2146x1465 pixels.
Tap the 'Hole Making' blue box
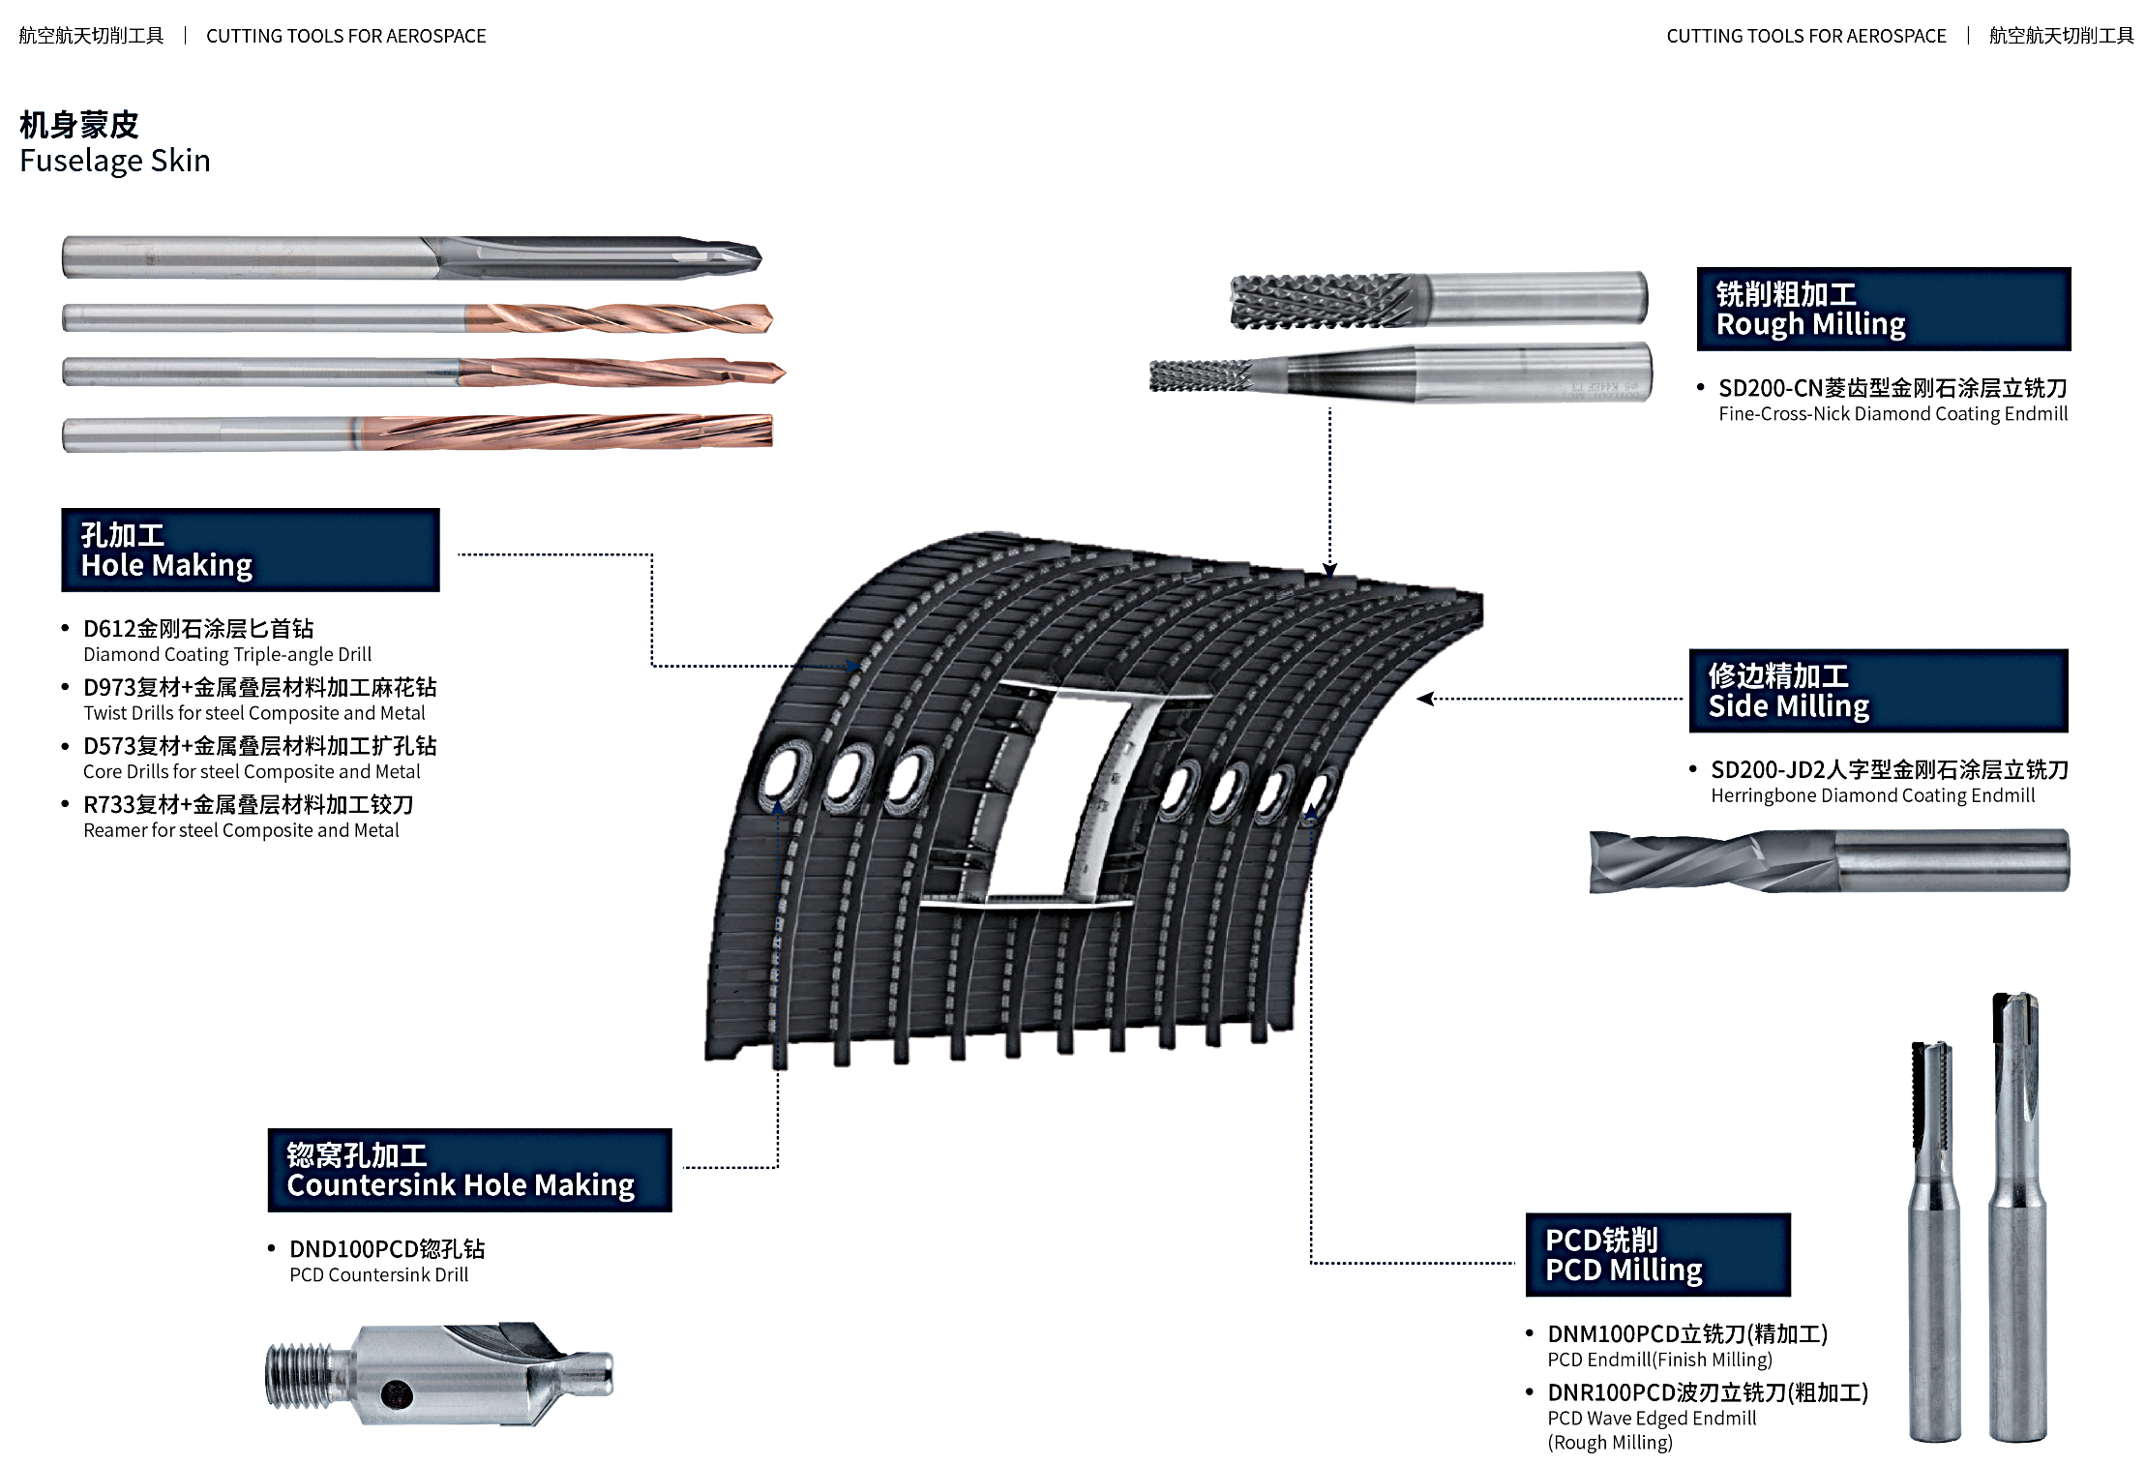(250, 550)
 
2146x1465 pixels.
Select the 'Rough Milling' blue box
(1883, 309)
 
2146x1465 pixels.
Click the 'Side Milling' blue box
(1877, 691)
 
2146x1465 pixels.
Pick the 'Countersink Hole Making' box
(469, 1170)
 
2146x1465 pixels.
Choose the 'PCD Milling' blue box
(1657, 1254)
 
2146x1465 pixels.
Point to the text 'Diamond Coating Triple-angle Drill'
(227, 655)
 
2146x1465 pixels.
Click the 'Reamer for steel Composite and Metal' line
(241, 830)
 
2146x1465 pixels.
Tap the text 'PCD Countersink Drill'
(378, 1275)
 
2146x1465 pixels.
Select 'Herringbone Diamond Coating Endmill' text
(1872, 796)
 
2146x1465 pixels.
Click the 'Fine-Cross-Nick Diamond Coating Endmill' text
(1893, 414)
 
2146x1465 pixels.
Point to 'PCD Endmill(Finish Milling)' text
(1659, 1360)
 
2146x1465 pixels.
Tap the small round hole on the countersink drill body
(397, 1394)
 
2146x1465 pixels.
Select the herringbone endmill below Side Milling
(1829, 860)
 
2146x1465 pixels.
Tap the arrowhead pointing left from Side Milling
(1424, 699)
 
